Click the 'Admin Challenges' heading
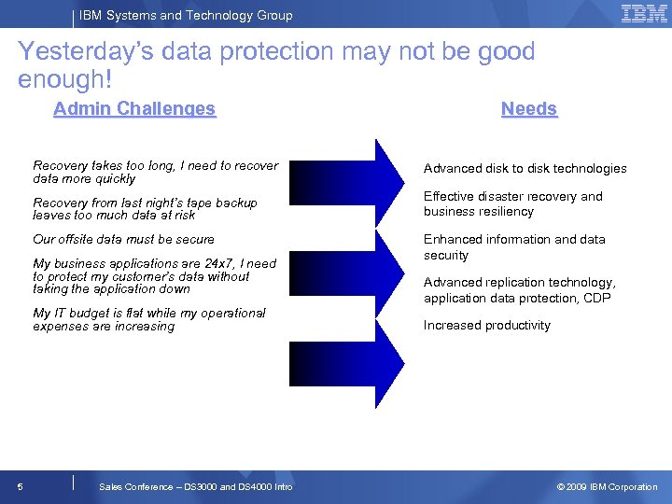coord(134,109)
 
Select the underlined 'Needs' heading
coord(528,109)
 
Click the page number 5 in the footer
coord(21,486)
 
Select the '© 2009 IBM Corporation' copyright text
coord(607,486)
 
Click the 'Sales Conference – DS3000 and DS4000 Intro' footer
coord(195,486)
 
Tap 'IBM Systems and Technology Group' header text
coord(186,15)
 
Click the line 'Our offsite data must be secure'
coord(123,239)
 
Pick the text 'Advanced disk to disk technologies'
coord(525,169)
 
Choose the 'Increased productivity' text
coord(486,326)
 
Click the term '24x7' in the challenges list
coord(222,264)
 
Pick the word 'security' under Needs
coord(446,256)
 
